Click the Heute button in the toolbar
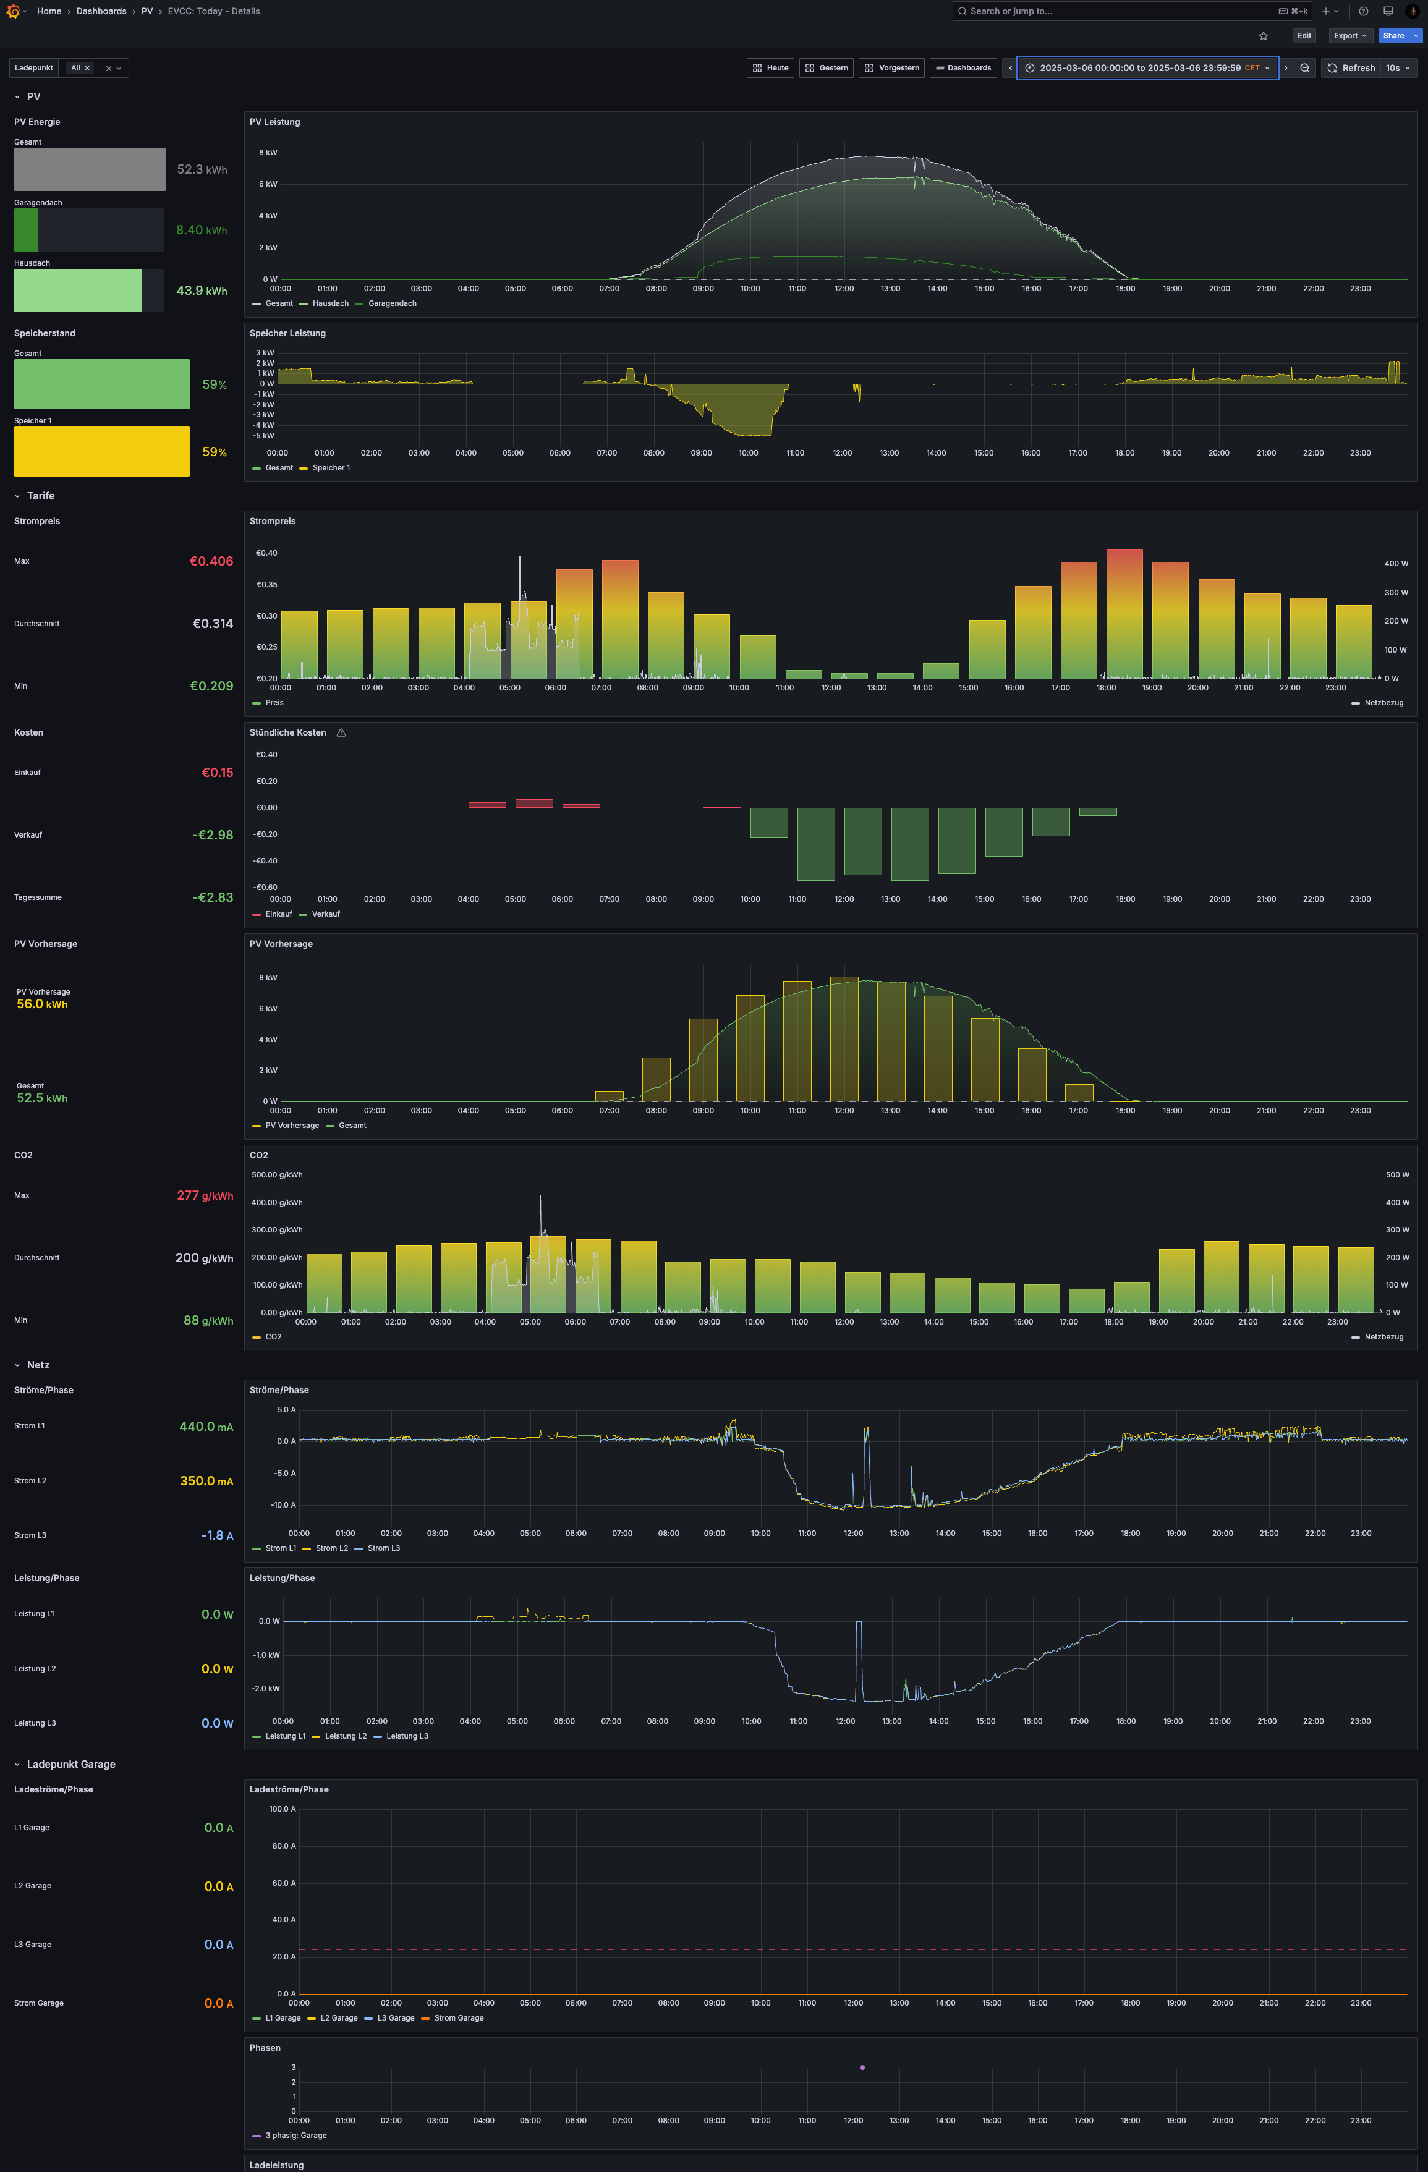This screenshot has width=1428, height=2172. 770,67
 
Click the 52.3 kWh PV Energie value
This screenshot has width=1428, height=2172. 202,170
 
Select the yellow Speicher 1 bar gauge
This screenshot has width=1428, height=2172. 101,451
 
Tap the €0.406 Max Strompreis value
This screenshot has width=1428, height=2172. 211,561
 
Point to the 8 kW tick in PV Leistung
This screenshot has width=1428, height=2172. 268,153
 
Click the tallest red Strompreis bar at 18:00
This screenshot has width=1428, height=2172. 1124,613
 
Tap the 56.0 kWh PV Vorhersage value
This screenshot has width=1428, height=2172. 42,1004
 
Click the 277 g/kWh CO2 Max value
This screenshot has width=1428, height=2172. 205,1195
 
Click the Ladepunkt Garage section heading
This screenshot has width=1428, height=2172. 71,1765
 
